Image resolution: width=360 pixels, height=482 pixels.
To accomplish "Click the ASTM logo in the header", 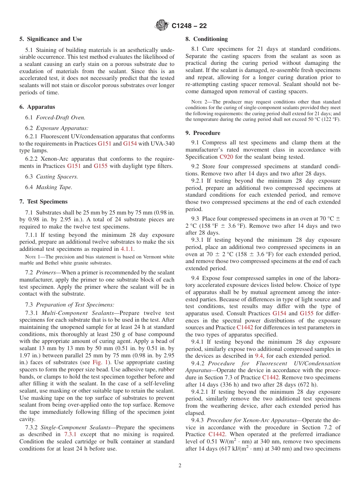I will [162, 26].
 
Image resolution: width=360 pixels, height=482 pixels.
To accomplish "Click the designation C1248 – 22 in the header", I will [189, 26].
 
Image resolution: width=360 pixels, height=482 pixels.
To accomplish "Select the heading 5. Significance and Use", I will [51, 39].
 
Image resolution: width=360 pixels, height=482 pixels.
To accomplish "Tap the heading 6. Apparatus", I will [37, 107].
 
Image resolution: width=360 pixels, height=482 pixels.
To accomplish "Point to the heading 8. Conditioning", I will [207, 39].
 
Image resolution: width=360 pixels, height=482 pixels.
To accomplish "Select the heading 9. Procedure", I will [203, 133].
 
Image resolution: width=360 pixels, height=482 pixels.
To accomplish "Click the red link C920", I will [226, 157].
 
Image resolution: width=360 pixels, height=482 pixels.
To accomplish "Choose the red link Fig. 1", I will [100, 362].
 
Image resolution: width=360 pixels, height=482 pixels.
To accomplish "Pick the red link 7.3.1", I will [70, 434].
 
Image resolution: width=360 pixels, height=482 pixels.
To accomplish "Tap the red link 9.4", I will [259, 356].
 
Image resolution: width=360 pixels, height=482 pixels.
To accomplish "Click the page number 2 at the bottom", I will [180, 466].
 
